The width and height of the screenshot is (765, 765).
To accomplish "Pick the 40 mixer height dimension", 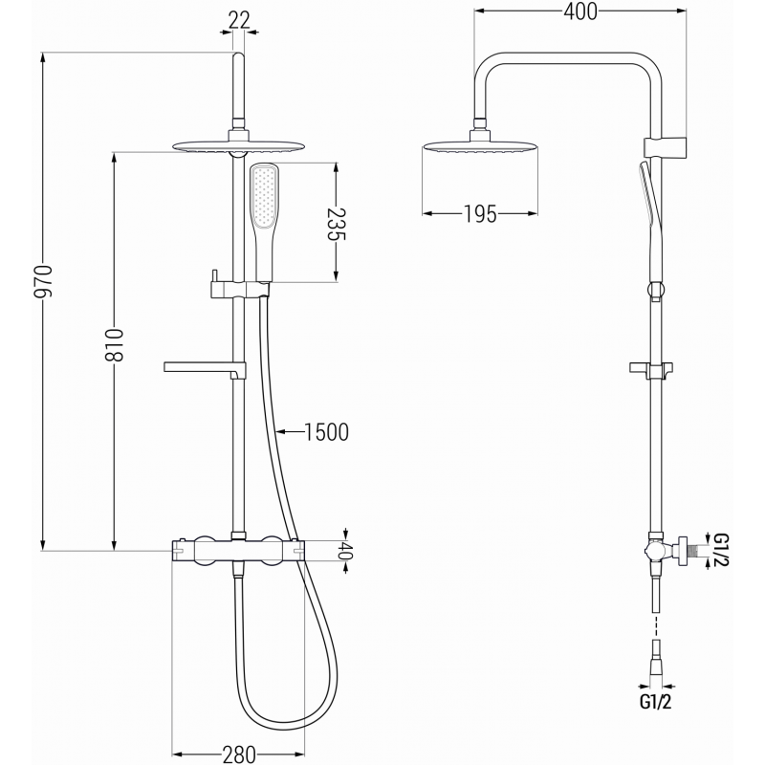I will [346, 552].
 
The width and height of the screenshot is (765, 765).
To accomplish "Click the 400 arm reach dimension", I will [579, 11].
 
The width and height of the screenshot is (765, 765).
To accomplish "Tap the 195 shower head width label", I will [475, 214].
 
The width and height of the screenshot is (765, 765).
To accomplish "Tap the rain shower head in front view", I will [239, 146].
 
